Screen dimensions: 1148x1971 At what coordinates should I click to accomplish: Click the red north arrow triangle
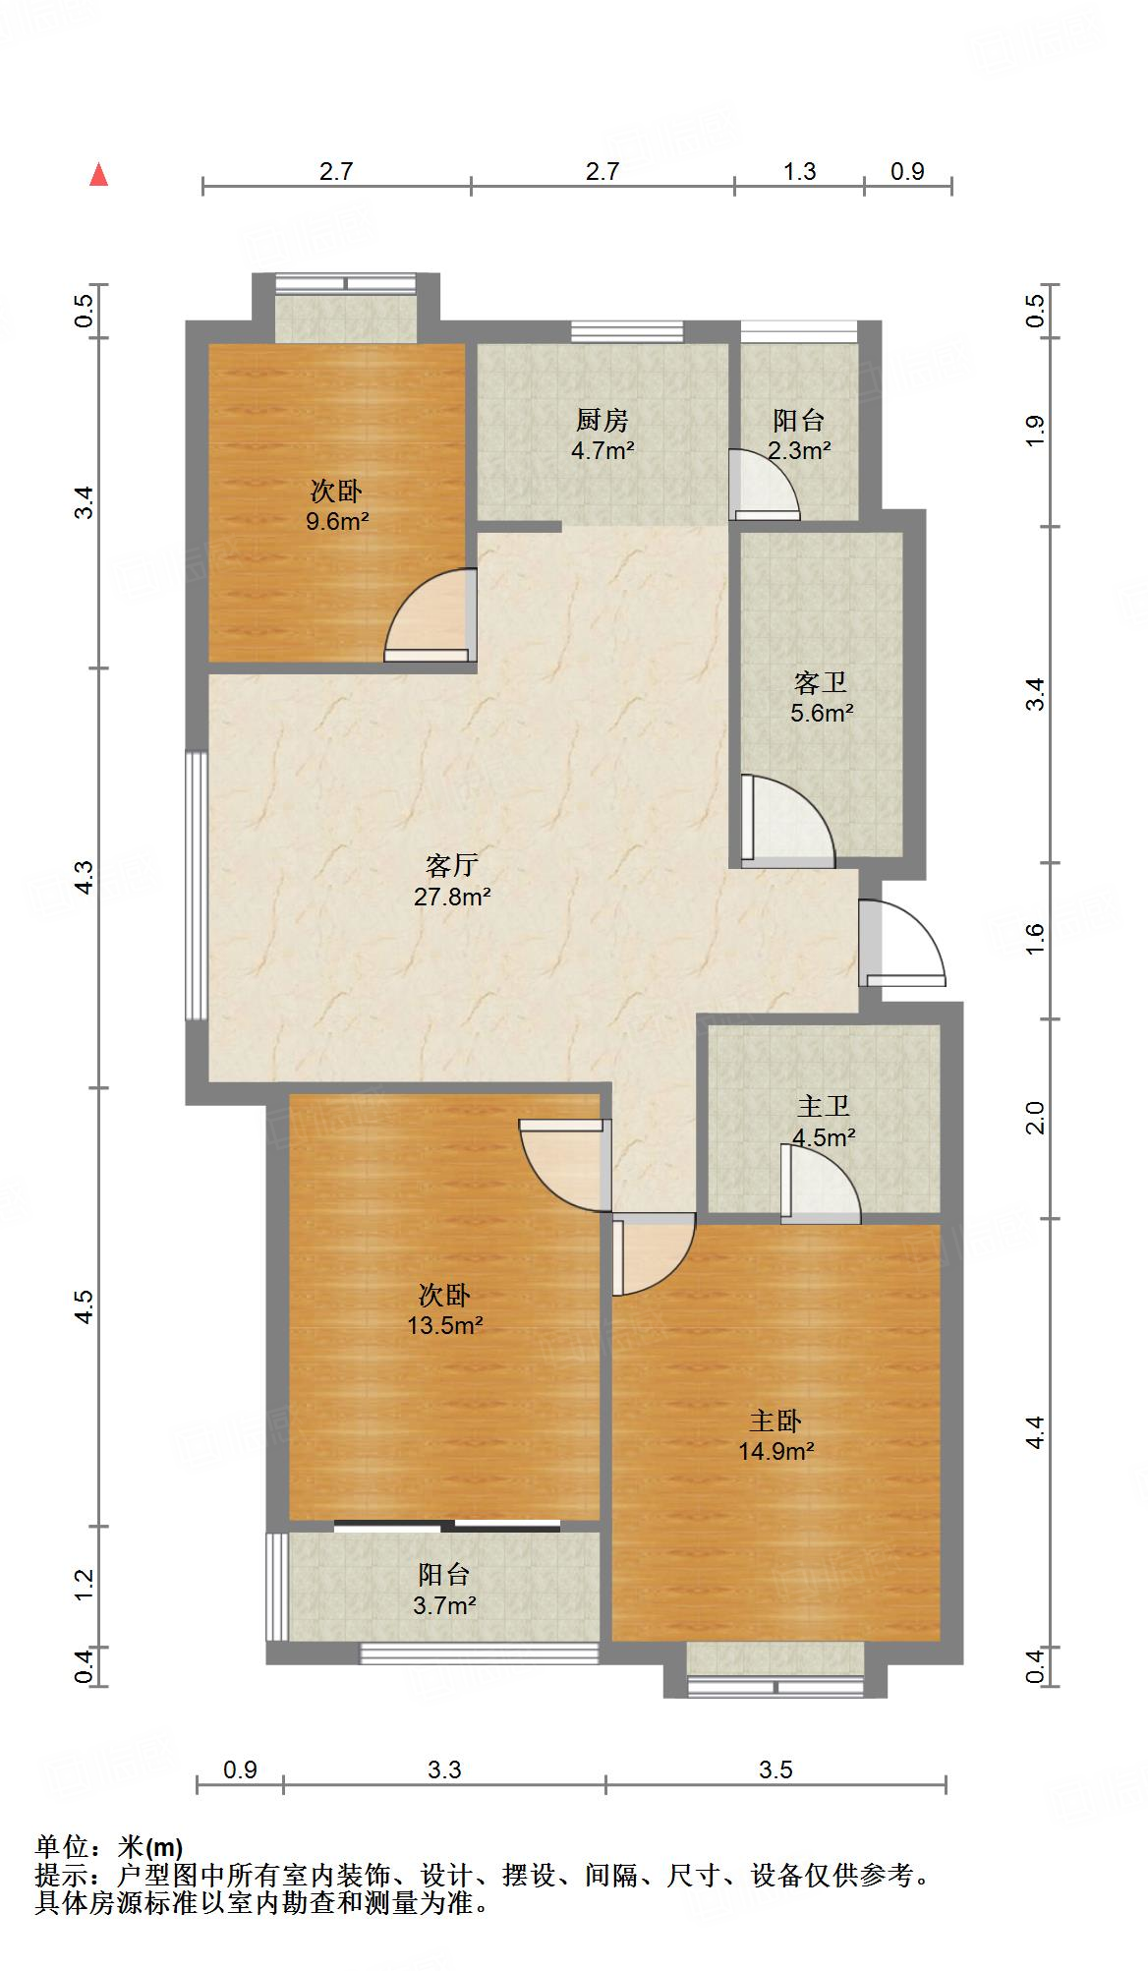click(98, 175)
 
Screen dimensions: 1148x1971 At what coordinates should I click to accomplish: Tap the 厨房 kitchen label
click(602, 421)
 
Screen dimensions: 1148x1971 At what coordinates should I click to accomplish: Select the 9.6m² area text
click(337, 521)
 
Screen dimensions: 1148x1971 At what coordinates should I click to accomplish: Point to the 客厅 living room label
click(452, 865)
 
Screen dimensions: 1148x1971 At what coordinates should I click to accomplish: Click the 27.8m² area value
click(452, 897)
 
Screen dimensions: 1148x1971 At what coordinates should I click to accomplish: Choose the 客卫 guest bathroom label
click(821, 682)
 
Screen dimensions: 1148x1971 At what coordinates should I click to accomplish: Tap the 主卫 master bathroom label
click(823, 1107)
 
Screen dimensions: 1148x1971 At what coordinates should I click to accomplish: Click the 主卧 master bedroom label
click(776, 1421)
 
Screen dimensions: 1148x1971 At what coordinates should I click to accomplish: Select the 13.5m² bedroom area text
click(445, 1326)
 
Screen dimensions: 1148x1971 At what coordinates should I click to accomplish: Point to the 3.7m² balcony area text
click(444, 1605)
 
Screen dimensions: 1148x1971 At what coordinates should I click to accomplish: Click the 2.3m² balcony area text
click(799, 451)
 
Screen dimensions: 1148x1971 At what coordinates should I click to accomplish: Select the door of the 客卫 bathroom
click(787, 821)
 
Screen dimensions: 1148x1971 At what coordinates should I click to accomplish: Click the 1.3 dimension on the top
click(799, 171)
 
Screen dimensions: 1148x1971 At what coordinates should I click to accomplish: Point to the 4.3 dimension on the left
click(85, 877)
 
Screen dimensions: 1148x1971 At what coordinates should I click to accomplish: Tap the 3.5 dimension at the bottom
click(775, 1770)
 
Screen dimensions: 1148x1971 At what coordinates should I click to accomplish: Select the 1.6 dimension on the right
click(1034, 941)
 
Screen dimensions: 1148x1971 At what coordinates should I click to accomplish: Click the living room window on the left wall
click(197, 886)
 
